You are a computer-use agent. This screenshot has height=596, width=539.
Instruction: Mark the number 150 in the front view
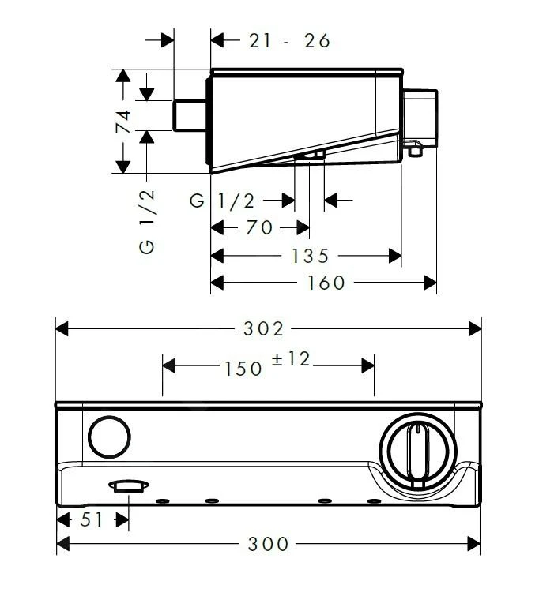coord(241,367)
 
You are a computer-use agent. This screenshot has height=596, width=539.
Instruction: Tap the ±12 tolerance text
coord(291,360)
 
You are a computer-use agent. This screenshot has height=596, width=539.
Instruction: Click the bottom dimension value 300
coord(269,544)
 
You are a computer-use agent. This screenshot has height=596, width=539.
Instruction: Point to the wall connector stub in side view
coord(191,115)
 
